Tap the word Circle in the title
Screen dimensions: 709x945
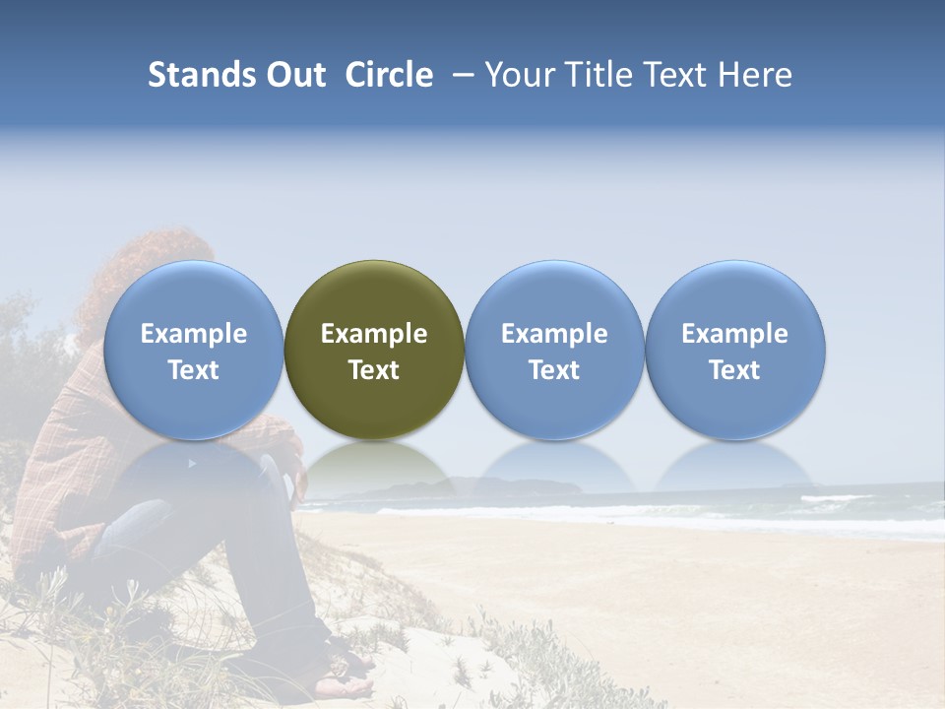point(389,75)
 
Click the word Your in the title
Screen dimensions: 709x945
point(519,75)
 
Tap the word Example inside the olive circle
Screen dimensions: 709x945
point(374,334)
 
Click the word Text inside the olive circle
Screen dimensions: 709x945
point(374,370)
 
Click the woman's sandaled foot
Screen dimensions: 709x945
point(345,679)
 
